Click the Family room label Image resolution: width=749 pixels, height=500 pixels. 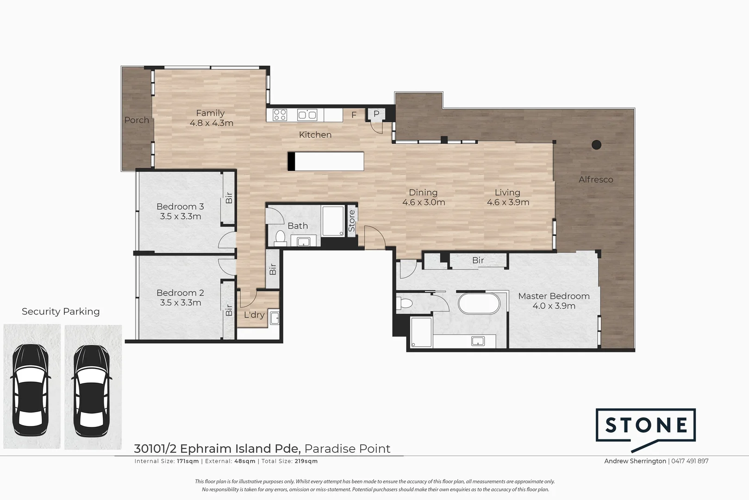(210, 113)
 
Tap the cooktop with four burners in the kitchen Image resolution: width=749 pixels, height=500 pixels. (280, 114)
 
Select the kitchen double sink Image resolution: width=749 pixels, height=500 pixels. (307, 114)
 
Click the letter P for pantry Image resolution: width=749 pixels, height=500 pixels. (376, 113)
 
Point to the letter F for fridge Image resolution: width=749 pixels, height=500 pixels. (354, 115)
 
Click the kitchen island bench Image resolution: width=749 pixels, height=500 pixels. (326, 162)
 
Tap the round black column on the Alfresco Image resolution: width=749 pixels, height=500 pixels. (597, 144)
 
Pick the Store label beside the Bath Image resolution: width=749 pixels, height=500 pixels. (352, 221)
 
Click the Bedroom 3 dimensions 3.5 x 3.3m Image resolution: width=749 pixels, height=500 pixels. (181, 216)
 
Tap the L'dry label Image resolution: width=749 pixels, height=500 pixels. (254, 315)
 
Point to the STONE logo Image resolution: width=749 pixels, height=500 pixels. (646, 425)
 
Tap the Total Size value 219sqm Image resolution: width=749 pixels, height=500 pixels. (306, 461)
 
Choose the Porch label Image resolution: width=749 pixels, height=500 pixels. (137, 120)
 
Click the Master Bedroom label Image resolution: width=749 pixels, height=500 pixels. (554, 296)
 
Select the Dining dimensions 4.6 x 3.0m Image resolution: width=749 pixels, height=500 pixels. (424, 202)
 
